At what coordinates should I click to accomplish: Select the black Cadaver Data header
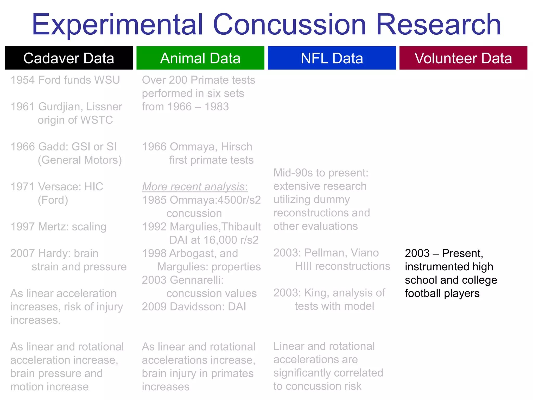pos(69,58)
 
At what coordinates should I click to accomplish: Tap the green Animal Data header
pos(200,58)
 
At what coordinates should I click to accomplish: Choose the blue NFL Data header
pos(332,58)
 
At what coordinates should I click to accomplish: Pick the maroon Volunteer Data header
pos(463,58)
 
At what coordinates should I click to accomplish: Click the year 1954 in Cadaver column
pos(22,80)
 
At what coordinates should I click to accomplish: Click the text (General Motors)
pos(80,160)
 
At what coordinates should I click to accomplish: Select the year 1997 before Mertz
pos(22,227)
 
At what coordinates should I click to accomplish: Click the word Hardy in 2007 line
pos(54,253)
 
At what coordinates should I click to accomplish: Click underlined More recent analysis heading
pos(194,187)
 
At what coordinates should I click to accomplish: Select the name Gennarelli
pos(196,280)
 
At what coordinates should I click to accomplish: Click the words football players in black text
pos(442,293)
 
